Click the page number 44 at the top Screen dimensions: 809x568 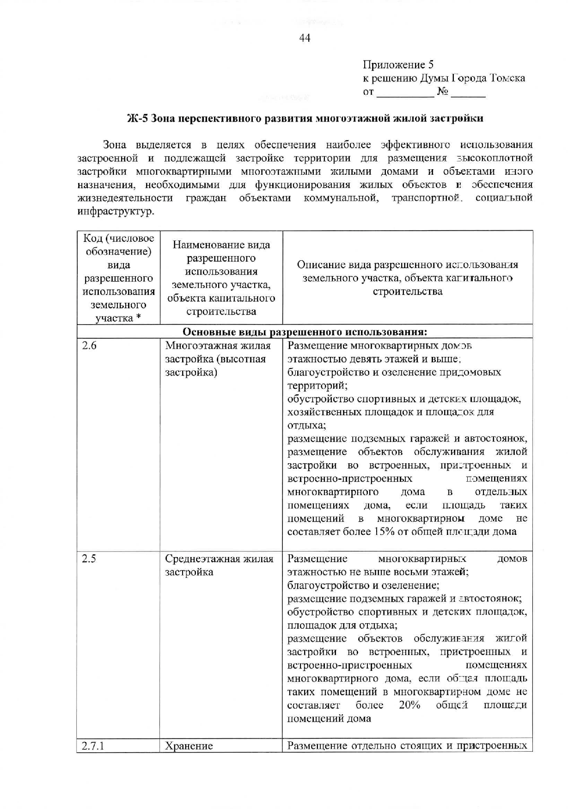click(x=305, y=38)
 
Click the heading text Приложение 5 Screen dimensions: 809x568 click(x=398, y=65)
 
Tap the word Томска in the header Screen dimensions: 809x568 click(x=507, y=78)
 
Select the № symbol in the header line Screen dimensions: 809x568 click(x=442, y=92)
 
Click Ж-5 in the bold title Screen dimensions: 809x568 click(x=137, y=118)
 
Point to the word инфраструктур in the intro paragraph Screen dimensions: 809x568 click(x=116, y=212)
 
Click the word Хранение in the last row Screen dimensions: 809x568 click(x=189, y=746)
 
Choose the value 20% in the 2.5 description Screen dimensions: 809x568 click(x=409, y=705)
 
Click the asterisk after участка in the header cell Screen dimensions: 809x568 click(x=138, y=318)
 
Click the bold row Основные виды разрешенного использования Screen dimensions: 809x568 click(x=305, y=332)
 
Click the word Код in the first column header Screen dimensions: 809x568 click(x=92, y=238)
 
